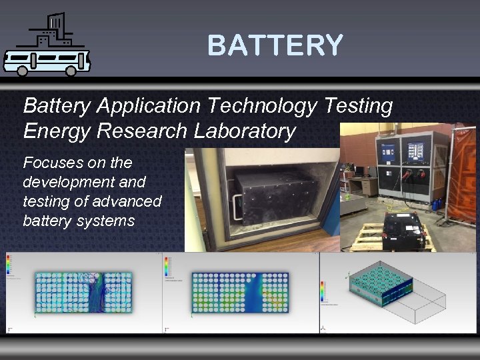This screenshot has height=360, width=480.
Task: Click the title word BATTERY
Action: [x=275, y=45]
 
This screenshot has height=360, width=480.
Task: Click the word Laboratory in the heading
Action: [x=242, y=131]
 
